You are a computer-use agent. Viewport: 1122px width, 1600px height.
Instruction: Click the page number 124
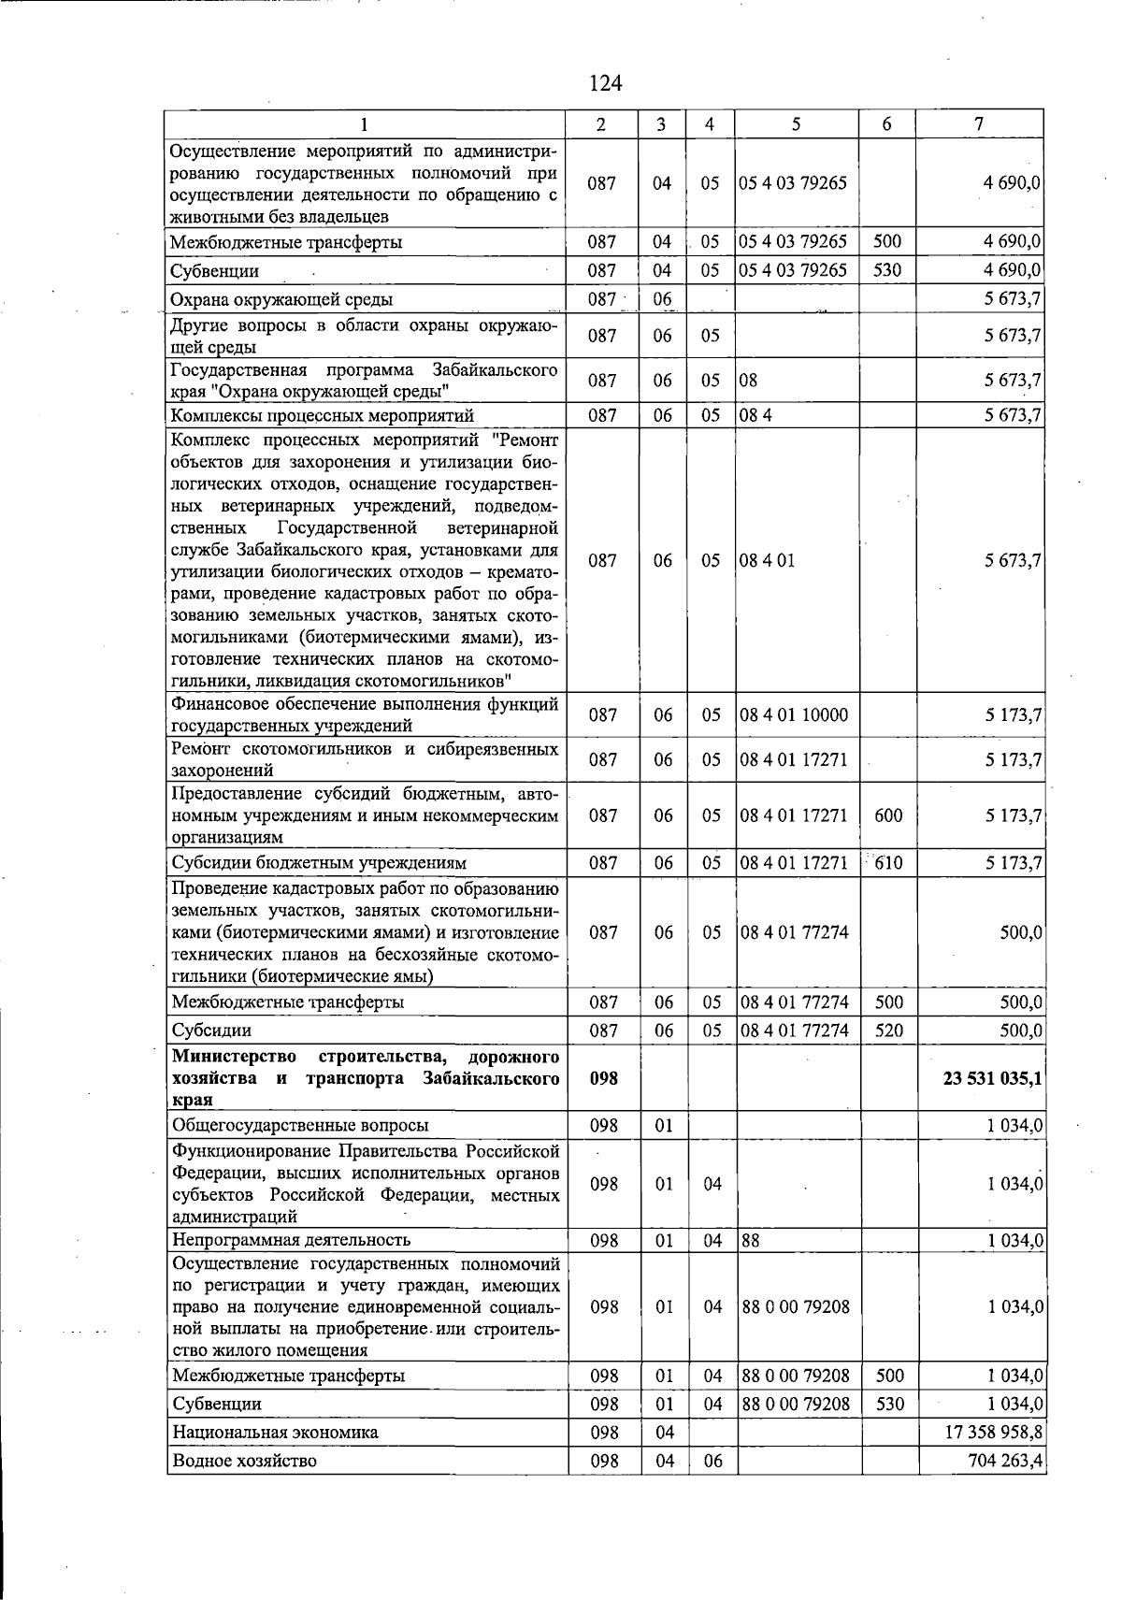605,84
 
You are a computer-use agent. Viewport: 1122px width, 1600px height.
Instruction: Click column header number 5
796,124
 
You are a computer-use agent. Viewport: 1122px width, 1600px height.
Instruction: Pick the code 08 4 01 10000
794,715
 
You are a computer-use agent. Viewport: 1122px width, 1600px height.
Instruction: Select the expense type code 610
888,862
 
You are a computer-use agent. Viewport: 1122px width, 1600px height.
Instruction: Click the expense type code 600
888,815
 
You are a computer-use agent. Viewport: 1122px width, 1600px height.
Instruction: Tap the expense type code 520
888,1030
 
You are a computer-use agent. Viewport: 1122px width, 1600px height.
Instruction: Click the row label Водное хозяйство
244,1460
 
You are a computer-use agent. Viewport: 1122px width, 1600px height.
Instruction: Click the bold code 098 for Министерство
604,1078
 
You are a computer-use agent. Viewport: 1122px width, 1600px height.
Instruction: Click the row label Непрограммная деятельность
291,1240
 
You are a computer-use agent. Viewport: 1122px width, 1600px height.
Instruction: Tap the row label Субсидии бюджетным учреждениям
319,862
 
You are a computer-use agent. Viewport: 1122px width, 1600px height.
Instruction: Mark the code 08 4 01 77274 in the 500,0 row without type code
794,932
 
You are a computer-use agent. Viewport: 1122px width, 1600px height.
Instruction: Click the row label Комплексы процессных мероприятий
323,415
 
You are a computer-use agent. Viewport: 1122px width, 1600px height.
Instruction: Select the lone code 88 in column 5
750,1240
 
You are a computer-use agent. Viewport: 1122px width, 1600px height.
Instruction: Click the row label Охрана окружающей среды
281,299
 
